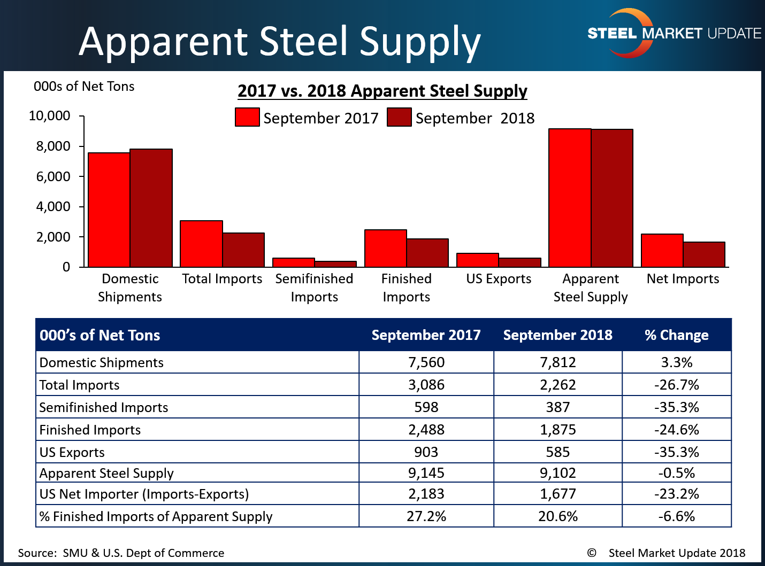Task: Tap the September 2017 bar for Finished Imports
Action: coord(386,248)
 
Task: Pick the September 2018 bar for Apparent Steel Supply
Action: coord(612,198)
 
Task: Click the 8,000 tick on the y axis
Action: coord(53,146)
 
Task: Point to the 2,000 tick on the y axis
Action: coord(53,237)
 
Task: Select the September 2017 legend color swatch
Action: coord(247,117)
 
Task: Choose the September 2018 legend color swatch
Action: coord(399,117)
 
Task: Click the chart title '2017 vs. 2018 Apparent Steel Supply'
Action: coord(382,91)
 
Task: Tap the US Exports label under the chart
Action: coord(499,279)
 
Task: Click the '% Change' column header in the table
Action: coord(676,335)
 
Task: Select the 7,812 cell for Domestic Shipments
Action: coord(557,362)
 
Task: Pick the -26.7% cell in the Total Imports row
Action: coord(676,385)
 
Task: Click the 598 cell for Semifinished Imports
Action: coord(426,407)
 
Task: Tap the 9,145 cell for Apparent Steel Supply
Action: coord(426,473)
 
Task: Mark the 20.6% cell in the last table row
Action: coord(557,516)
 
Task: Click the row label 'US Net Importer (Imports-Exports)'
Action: coord(144,494)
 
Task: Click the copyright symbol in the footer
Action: coord(592,553)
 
